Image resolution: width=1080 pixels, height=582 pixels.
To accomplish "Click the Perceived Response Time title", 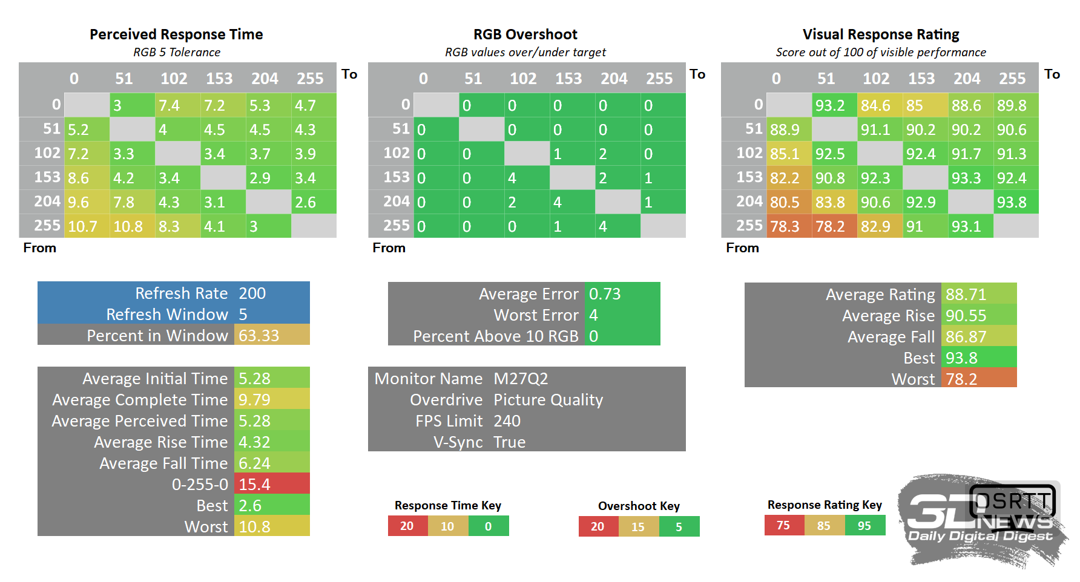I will click(x=176, y=34).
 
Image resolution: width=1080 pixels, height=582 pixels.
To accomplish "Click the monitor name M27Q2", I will click(x=521, y=379).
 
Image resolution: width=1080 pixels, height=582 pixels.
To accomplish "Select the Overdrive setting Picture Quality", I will click(x=548, y=400).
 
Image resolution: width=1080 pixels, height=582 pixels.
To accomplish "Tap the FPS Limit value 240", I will click(x=507, y=421).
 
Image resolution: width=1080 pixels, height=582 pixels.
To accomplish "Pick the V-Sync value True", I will click(x=509, y=442).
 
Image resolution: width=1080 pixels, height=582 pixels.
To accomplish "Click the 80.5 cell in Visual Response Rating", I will click(x=785, y=202).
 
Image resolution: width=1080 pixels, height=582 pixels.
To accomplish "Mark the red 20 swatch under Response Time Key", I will click(x=407, y=526).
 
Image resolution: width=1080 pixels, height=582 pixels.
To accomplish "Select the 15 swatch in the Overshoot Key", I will click(x=638, y=527).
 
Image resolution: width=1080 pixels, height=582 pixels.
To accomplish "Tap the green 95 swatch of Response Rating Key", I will click(x=864, y=526).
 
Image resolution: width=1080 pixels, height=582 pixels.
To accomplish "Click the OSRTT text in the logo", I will click(x=1013, y=501).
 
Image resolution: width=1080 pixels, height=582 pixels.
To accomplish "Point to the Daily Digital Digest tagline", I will click(x=980, y=536).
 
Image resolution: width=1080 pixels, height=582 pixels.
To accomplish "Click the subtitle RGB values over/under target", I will click(x=525, y=53).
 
